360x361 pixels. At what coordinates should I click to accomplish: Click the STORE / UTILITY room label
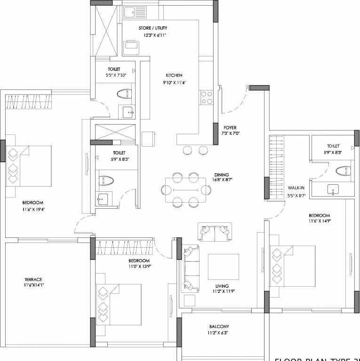coord(153,28)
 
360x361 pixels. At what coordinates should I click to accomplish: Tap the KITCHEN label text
coord(174,75)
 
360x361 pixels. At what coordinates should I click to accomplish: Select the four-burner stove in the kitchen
coord(207,97)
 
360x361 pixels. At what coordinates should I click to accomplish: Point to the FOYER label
coord(230,127)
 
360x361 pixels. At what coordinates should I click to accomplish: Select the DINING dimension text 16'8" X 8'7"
coord(223,180)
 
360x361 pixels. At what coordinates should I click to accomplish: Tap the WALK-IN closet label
coord(296,187)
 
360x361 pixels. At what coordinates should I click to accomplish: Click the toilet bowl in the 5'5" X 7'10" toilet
coord(124,93)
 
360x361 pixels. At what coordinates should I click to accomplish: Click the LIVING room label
coord(222,286)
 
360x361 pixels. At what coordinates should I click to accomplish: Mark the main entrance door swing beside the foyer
coord(235,101)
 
